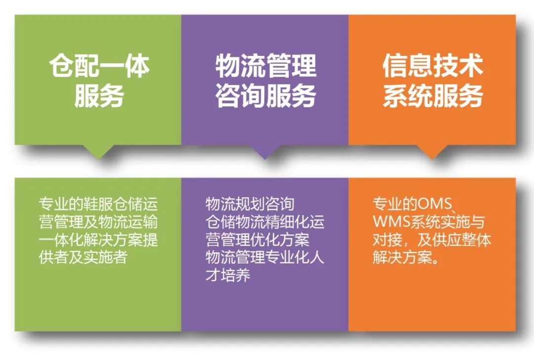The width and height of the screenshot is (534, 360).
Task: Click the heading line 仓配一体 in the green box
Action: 99,65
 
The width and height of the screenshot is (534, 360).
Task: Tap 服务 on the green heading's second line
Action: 99,95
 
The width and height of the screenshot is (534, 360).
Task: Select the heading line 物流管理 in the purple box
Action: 266,65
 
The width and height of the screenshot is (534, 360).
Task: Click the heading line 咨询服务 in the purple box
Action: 266,95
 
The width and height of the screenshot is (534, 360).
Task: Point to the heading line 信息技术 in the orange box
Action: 433,65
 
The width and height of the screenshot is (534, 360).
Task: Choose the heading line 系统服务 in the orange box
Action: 433,95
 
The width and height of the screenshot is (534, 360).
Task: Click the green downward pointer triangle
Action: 99,152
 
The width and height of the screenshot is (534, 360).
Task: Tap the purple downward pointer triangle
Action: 265,152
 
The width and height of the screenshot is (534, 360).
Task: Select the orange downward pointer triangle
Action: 432,152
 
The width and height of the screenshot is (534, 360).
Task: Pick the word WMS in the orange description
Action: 391,222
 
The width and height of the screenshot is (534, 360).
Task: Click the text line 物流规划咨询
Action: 250,204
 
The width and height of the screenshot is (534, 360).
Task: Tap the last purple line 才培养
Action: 228,275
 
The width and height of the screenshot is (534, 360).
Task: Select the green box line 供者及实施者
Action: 83,257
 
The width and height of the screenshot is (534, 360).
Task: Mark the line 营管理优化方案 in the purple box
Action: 258,239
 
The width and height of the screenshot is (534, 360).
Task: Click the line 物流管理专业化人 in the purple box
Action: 265,257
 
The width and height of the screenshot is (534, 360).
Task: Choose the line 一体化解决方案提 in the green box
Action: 98,239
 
